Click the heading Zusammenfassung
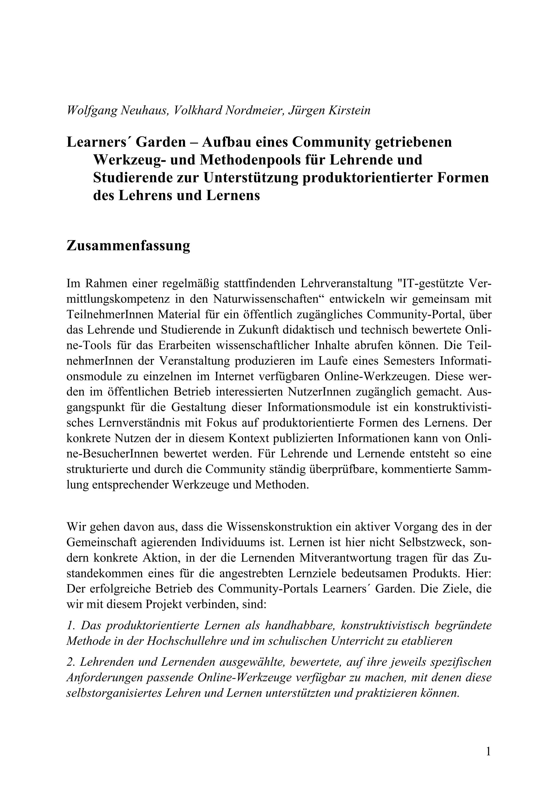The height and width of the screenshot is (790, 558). pos(128,246)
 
